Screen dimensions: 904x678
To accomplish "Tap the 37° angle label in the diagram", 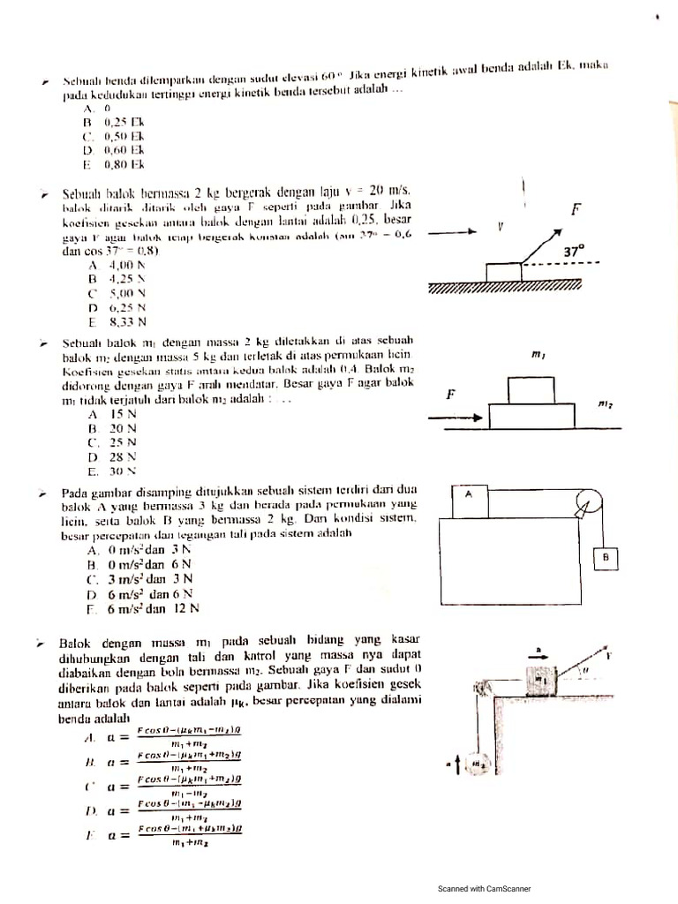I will click(x=574, y=252).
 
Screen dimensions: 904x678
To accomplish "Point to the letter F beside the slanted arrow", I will click(x=576, y=209).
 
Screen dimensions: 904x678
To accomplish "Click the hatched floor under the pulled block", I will click(x=504, y=288).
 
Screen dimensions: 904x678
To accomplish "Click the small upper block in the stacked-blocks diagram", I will click(x=530, y=389).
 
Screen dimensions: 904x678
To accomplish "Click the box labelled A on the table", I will click(x=470, y=500).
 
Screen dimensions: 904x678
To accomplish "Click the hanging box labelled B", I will click(x=605, y=558).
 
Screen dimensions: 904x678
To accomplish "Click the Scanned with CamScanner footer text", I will click(x=485, y=889).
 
